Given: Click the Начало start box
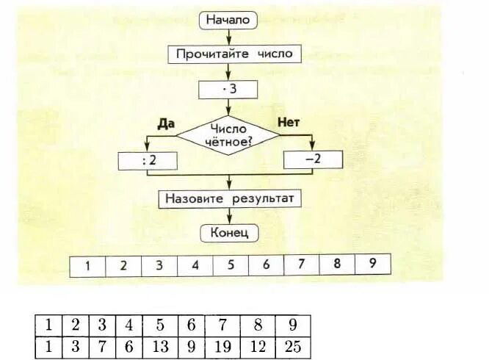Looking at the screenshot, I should (228, 21).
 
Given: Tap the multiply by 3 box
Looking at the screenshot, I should (228, 90).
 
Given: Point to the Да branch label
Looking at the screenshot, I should (164, 123).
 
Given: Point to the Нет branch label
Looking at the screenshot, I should (290, 121).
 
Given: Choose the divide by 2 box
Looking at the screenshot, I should (147, 159).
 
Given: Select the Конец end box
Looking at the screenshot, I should (228, 234).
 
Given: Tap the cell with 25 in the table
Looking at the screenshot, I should (292, 347).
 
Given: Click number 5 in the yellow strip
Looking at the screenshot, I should (230, 265).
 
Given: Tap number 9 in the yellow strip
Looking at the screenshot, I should (372, 265).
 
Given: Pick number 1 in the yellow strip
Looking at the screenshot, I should (87, 265).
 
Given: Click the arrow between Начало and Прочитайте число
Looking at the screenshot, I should (228, 37).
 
